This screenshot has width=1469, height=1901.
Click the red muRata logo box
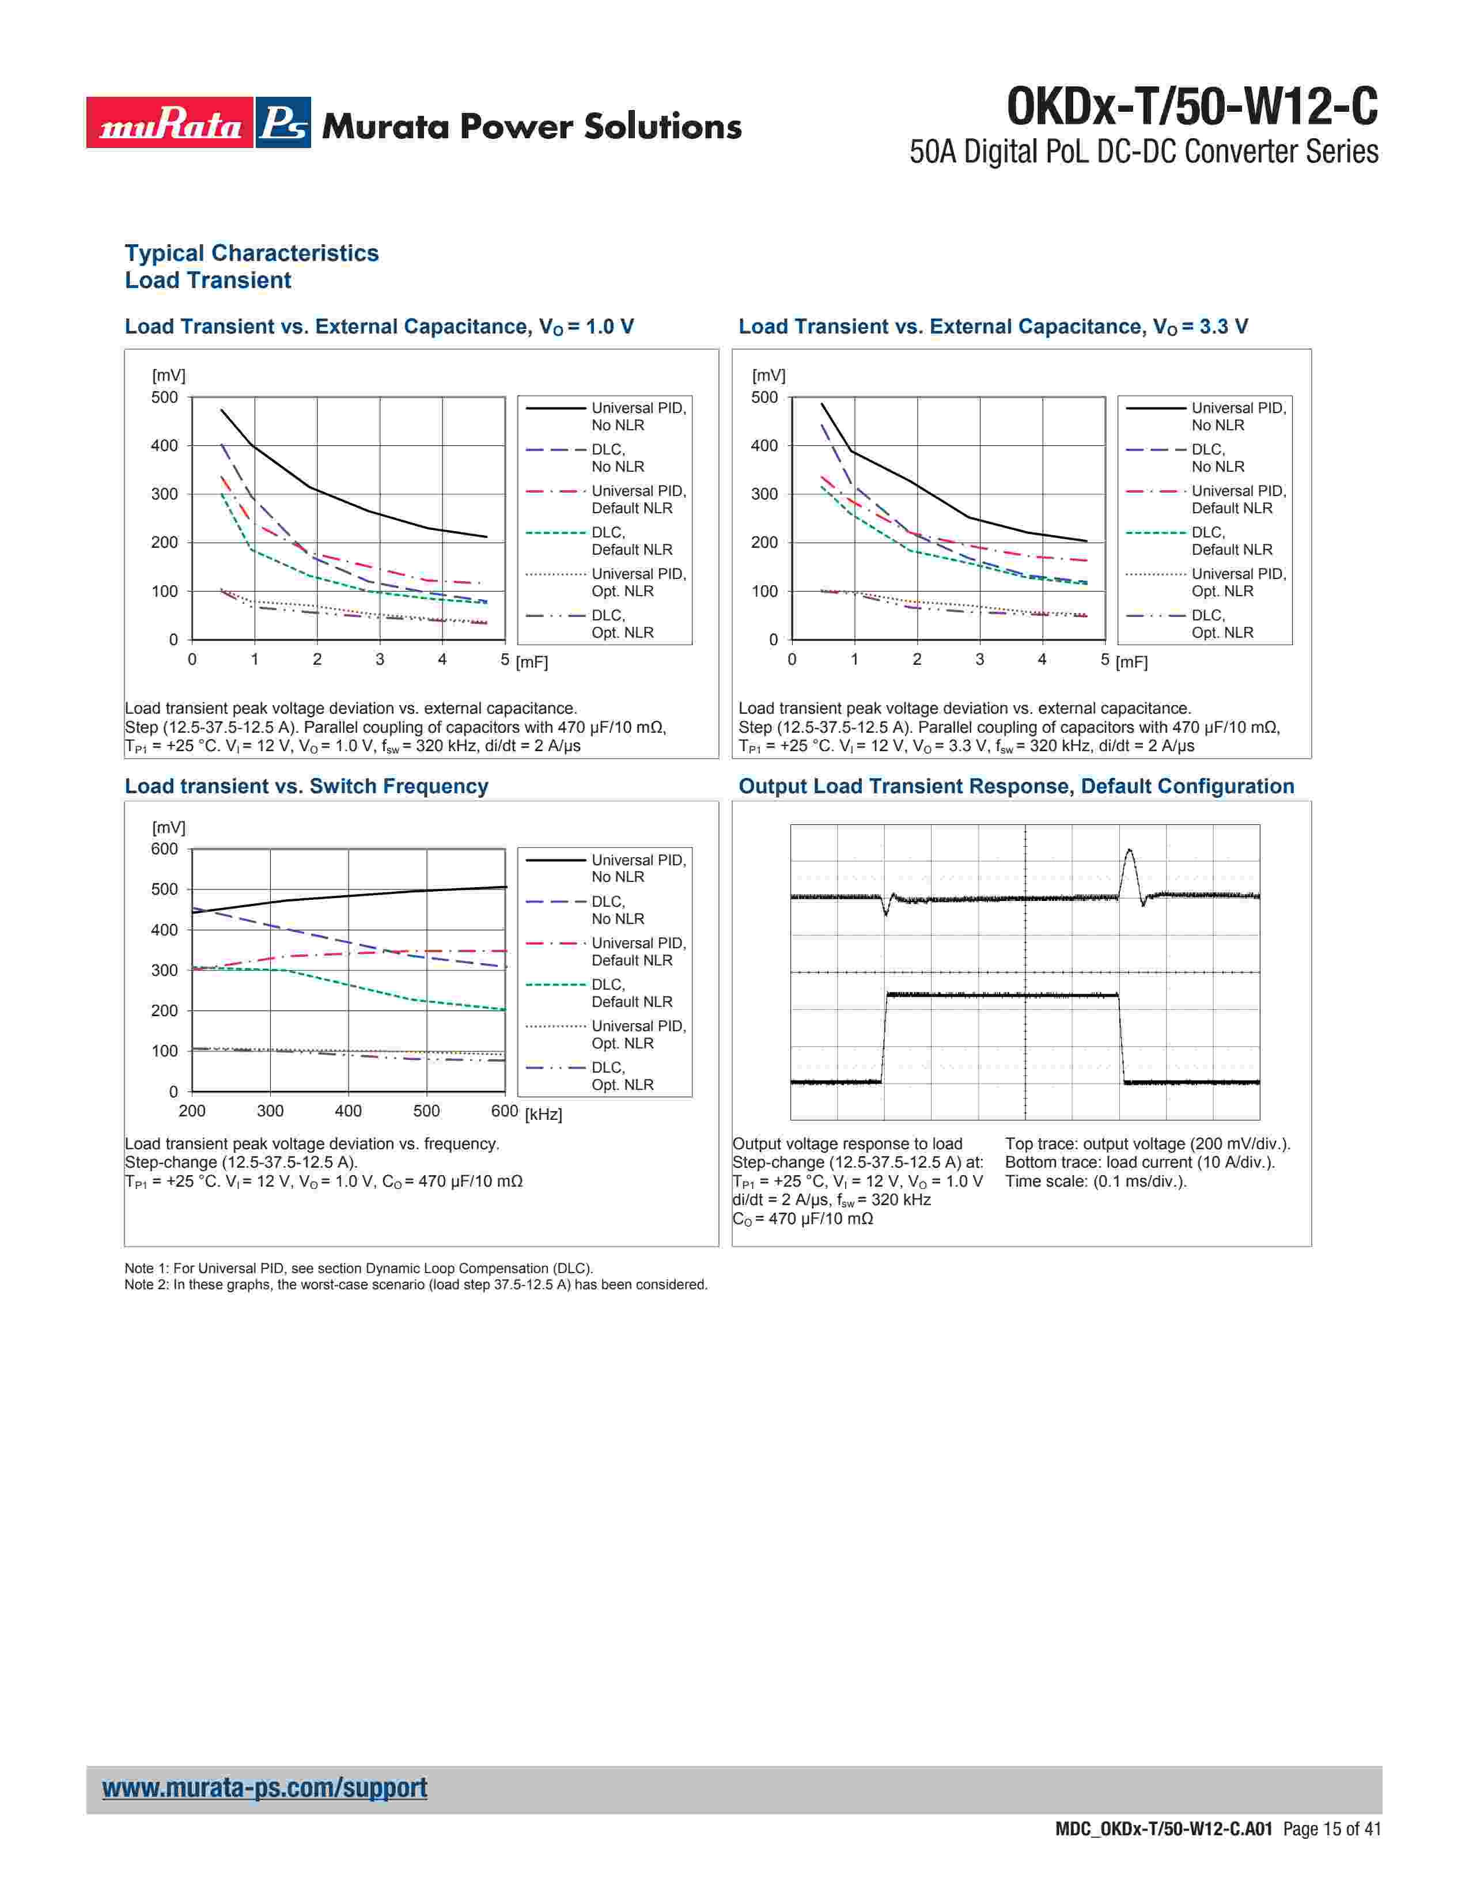(x=170, y=123)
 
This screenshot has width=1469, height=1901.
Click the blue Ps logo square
(x=283, y=123)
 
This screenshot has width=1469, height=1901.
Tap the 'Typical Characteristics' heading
(x=252, y=253)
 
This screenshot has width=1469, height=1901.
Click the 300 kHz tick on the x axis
(x=270, y=1111)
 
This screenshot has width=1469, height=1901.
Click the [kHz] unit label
(x=543, y=1114)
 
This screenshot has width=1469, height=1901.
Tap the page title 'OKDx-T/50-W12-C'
(x=1192, y=108)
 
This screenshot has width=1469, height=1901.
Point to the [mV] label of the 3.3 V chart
(x=768, y=375)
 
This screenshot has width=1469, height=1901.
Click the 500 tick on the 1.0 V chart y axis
(x=165, y=398)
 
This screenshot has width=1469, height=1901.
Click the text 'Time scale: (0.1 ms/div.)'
(x=1095, y=1181)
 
